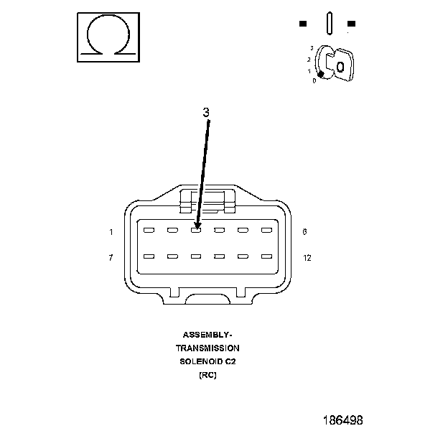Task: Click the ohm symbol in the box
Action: click(x=108, y=36)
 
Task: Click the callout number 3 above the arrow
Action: click(x=206, y=113)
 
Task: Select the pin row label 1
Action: click(x=111, y=232)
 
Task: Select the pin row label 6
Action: click(x=305, y=232)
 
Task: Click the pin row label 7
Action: click(x=111, y=257)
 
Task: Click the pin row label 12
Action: click(x=307, y=257)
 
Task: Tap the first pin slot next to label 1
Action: click(x=149, y=231)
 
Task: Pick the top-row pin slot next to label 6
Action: click(x=266, y=231)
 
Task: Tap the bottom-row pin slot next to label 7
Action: click(x=149, y=256)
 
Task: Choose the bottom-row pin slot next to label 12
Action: click(x=266, y=256)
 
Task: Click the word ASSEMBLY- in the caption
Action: click(x=207, y=335)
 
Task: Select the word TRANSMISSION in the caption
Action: click(x=207, y=348)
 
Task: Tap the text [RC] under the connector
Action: click(x=207, y=374)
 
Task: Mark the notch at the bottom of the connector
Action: click(x=208, y=295)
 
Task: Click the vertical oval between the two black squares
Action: click(x=328, y=23)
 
